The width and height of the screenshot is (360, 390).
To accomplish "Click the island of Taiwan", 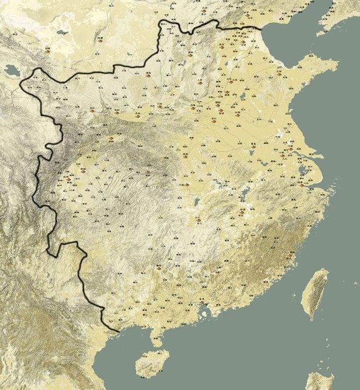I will pyautogui.click(x=316, y=293).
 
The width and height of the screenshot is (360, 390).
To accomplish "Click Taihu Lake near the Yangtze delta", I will pyautogui.click(x=303, y=170).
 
